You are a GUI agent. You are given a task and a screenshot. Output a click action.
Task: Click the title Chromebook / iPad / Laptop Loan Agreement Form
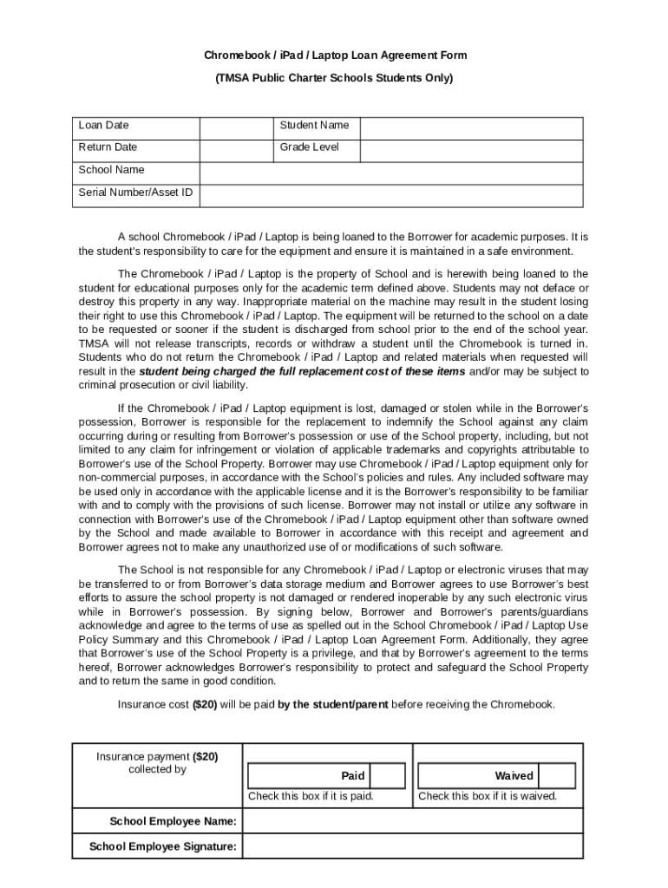335,55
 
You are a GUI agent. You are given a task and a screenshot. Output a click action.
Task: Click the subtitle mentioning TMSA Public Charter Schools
335,78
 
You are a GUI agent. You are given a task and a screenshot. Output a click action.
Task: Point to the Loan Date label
103,126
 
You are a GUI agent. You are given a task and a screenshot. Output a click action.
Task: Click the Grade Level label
309,147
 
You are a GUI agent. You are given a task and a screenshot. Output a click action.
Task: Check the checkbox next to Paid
389,775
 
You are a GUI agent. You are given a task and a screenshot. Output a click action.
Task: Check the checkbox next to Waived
558,775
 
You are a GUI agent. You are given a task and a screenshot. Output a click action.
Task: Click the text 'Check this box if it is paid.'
311,796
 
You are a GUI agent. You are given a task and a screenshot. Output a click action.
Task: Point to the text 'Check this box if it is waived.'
488,796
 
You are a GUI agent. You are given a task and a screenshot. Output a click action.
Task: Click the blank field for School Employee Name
412,821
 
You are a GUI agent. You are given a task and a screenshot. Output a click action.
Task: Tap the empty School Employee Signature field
412,847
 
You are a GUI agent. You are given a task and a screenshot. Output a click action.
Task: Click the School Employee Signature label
163,847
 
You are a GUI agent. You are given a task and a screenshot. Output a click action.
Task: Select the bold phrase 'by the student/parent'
333,704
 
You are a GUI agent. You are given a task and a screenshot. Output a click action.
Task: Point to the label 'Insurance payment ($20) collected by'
157,762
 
